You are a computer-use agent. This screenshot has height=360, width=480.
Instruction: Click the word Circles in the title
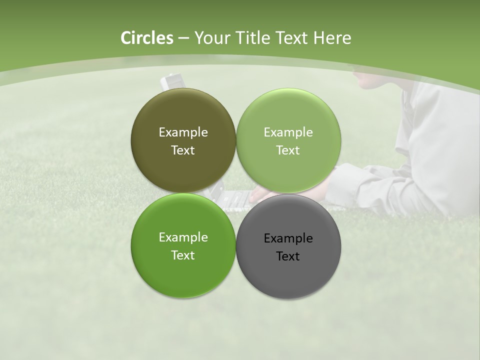click(146, 38)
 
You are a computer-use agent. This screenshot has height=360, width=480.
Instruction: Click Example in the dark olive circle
click(183, 132)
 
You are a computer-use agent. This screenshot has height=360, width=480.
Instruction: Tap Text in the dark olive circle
click(183, 150)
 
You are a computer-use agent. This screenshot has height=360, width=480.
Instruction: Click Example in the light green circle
click(288, 132)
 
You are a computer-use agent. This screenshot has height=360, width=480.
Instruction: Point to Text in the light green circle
click(288, 150)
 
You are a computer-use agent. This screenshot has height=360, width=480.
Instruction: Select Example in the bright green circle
click(183, 237)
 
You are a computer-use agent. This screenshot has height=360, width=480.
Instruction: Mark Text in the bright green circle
click(183, 255)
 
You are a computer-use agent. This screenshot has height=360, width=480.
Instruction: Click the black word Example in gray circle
click(288, 238)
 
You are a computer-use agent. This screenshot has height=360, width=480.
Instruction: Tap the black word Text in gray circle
click(288, 256)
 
